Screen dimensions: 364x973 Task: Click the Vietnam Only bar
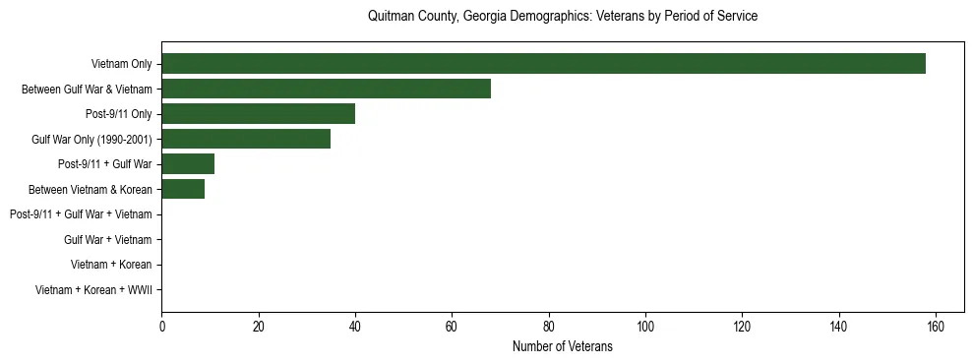click(543, 64)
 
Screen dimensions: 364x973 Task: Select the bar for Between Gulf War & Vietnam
click(326, 89)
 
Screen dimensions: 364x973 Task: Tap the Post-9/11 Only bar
click(258, 114)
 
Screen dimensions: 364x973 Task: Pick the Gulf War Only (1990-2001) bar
click(246, 139)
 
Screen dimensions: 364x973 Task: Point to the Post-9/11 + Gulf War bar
click(188, 164)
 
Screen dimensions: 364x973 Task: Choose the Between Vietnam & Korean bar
click(183, 189)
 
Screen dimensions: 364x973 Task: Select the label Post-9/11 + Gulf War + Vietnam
click(81, 214)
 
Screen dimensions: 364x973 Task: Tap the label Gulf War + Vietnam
click(108, 239)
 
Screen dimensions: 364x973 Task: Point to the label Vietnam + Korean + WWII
click(93, 289)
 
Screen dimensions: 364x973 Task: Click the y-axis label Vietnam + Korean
click(111, 265)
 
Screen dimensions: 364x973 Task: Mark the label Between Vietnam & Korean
click(91, 189)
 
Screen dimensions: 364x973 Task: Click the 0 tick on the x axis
click(161, 327)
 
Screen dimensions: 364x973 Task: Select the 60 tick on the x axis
click(452, 327)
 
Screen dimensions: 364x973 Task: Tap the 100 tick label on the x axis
click(645, 327)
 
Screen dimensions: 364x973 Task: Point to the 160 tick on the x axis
click(936, 327)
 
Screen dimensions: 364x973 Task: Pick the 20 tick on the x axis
click(258, 327)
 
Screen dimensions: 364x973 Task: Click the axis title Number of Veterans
click(562, 346)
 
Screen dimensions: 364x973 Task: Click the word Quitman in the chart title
click(389, 17)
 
